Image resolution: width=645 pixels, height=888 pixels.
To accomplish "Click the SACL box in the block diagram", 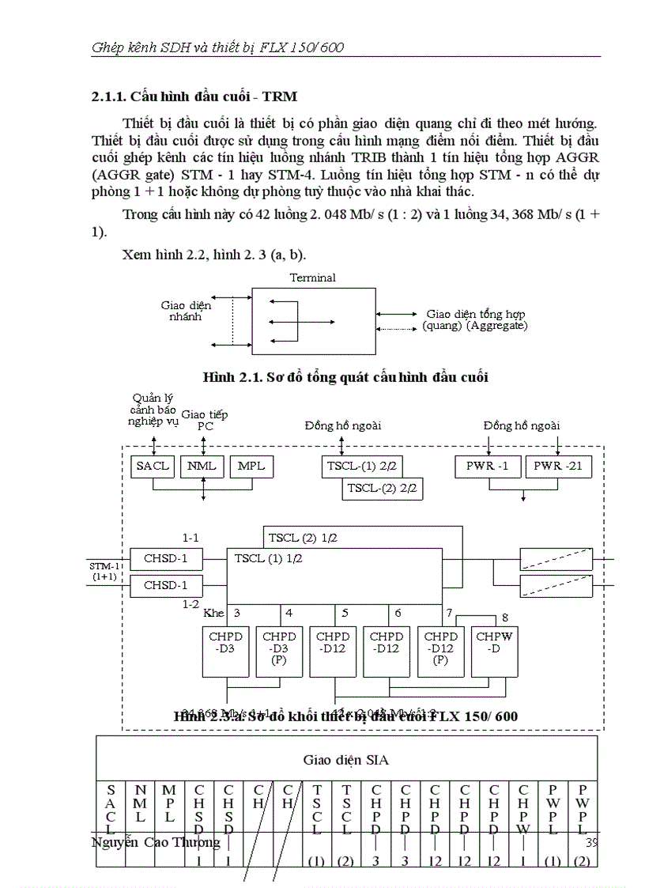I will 153,466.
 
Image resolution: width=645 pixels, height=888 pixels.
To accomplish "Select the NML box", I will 203,466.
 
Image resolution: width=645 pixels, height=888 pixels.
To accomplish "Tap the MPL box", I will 251,466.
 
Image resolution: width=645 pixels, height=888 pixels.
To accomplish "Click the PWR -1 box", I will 488,466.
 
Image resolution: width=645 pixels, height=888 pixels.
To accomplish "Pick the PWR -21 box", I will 557,466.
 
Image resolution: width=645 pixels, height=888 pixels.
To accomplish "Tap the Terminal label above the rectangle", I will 312,278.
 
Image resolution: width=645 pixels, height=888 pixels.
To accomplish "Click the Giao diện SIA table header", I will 345,760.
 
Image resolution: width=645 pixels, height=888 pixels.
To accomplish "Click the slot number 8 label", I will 505,618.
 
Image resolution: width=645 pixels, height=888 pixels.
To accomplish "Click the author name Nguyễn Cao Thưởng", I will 156,843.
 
